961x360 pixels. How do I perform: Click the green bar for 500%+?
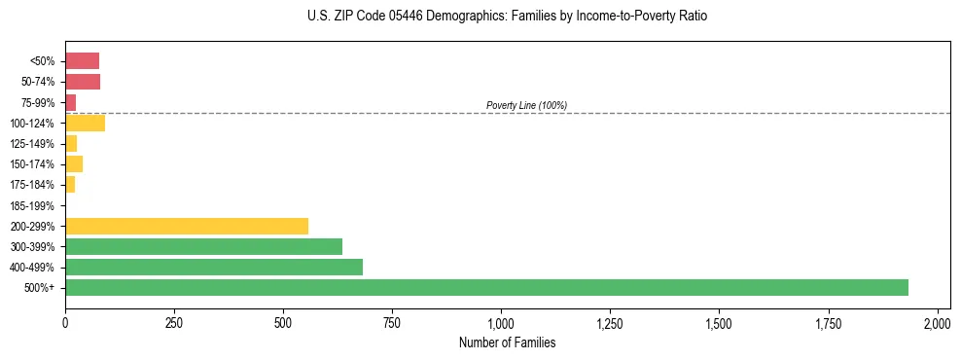tap(486, 287)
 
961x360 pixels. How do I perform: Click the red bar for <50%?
tap(82, 61)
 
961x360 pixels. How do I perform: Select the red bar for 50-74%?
tap(83, 82)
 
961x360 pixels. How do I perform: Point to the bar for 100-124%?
tap(85, 123)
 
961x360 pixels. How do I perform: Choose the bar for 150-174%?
tap(74, 163)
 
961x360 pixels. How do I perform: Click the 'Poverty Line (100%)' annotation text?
tap(526, 105)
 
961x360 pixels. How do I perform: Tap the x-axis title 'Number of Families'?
tap(501, 342)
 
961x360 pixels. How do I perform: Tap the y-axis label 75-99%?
tap(39, 102)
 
